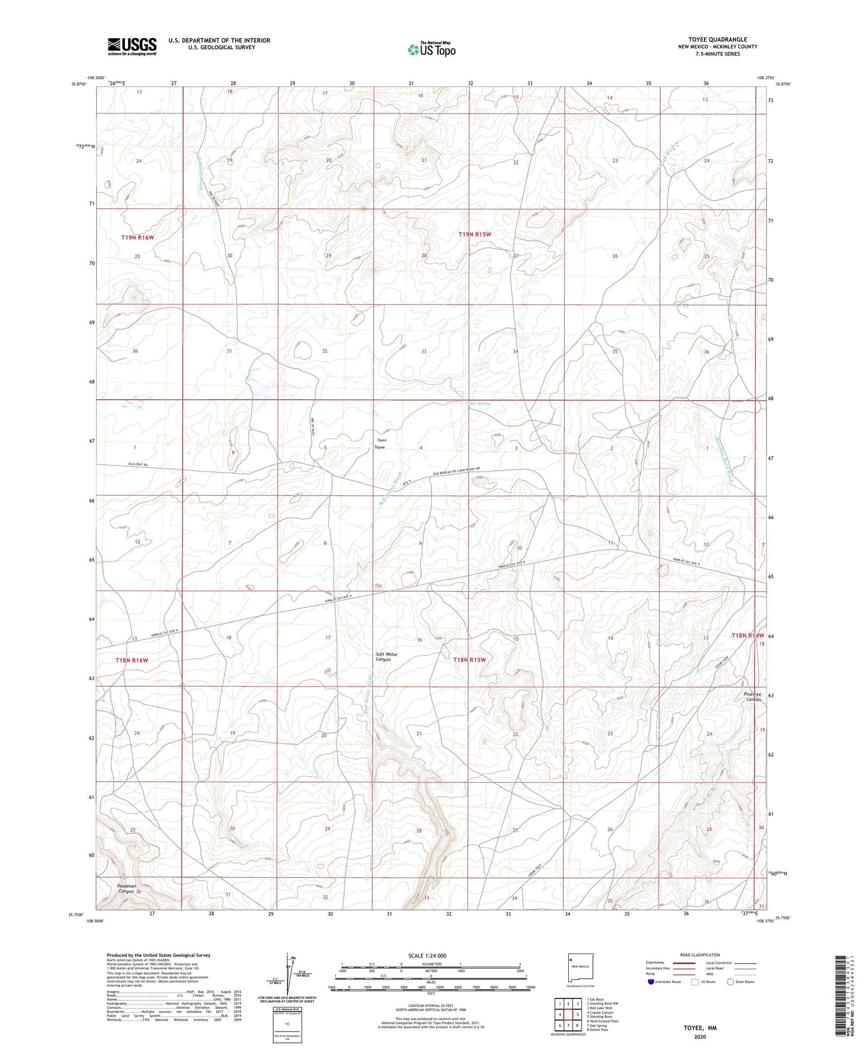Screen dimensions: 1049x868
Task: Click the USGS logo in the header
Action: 132,46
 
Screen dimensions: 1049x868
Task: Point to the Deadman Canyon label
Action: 127,889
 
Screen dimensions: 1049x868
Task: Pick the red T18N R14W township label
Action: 747,635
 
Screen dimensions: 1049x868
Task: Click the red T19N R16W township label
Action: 138,237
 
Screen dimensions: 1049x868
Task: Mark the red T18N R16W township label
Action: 131,660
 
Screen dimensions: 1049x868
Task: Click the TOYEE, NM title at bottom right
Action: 700,1028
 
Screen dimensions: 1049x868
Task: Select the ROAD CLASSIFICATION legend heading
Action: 700,955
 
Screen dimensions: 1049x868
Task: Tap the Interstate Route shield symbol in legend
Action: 652,982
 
